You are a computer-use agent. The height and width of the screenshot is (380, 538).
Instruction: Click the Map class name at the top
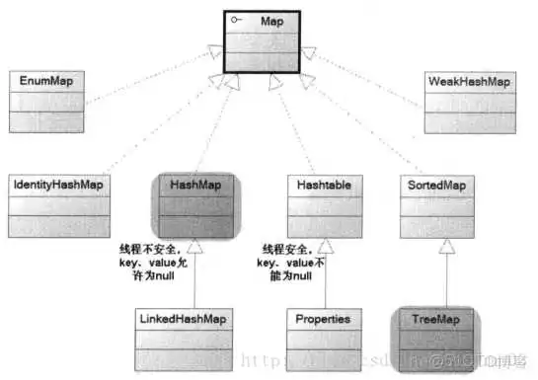coord(273,21)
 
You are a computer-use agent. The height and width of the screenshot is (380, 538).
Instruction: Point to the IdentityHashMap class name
coord(58,185)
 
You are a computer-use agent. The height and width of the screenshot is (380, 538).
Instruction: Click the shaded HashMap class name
coord(194,185)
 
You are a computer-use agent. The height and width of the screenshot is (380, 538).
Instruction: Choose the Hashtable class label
coord(317,185)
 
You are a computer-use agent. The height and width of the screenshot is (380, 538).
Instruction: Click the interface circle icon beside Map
coord(235,21)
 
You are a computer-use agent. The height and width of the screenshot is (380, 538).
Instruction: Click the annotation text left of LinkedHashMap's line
coord(151,262)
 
